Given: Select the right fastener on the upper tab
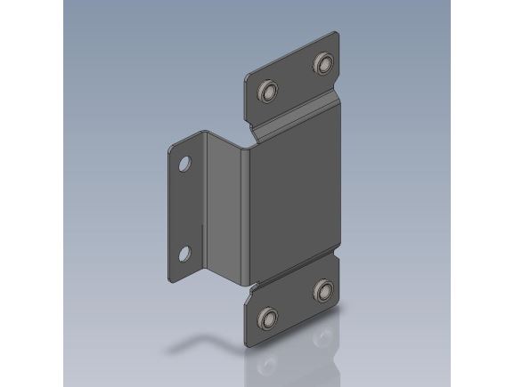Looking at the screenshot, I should tap(322, 62).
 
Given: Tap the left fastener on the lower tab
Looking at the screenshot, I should tap(266, 318).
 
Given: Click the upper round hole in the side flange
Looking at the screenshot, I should tap(185, 165).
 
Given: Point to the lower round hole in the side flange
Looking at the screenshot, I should tap(184, 254).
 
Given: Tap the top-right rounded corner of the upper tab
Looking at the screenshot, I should tap(337, 34).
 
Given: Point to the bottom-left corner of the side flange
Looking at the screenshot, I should tap(170, 280).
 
